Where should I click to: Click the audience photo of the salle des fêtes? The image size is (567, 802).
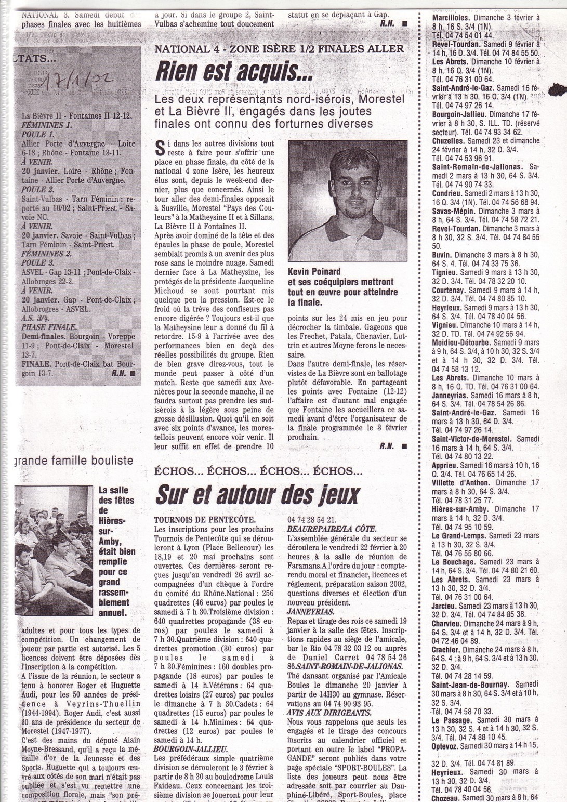[x=54, y=550]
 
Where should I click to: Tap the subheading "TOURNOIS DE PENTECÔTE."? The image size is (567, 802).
[x=205, y=519]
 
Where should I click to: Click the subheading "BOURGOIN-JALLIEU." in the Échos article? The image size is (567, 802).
[x=190, y=749]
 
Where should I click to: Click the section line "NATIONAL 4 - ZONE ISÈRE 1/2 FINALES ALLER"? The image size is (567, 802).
[x=279, y=49]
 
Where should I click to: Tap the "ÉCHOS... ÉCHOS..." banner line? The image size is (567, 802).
[x=258, y=471]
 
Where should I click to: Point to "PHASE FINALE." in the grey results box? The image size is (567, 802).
[x=49, y=327]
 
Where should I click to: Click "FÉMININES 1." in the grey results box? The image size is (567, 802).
[x=47, y=125]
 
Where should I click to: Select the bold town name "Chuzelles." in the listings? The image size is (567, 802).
[x=449, y=141]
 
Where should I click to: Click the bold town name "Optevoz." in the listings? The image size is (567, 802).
[x=446, y=745]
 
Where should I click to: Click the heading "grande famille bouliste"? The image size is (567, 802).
[x=74, y=460]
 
